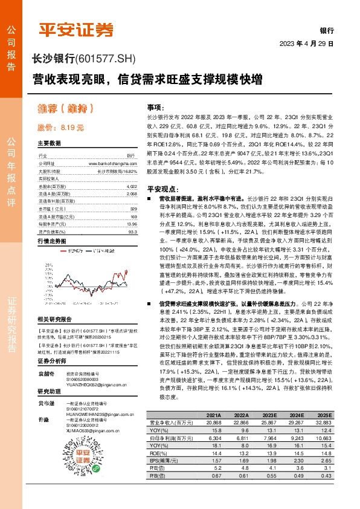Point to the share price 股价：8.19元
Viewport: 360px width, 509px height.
tap(60, 128)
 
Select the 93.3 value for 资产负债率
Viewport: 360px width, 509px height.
tap(132, 231)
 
